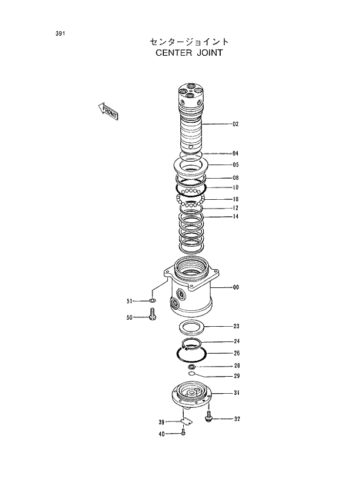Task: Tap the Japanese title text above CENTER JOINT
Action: click(x=189, y=42)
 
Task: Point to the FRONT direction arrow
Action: click(x=109, y=110)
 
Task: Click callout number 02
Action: click(x=235, y=124)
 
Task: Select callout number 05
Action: click(x=235, y=165)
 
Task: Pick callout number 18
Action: click(x=235, y=199)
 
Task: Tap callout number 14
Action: click(x=235, y=217)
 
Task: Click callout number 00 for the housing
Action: click(x=235, y=287)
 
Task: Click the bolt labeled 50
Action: click(x=153, y=317)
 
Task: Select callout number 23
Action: click(x=235, y=326)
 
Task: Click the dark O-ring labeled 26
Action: click(x=191, y=354)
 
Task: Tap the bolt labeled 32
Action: click(x=208, y=418)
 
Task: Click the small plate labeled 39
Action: click(x=186, y=421)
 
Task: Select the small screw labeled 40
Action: click(x=184, y=433)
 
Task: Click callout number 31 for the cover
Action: click(x=235, y=393)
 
